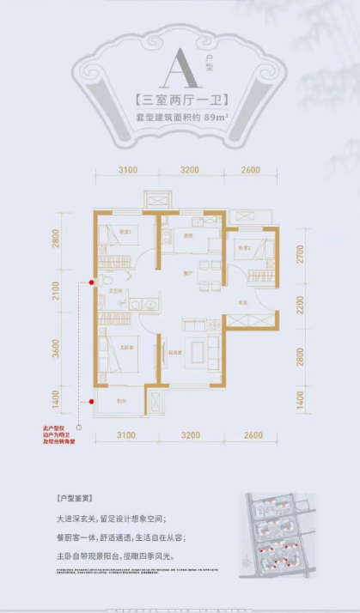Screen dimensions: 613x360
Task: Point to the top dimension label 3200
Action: point(190,170)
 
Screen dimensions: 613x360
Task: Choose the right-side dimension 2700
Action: point(300,256)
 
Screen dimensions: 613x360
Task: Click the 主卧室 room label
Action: point(126,347)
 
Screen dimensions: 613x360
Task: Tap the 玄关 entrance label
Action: point(243,302)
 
